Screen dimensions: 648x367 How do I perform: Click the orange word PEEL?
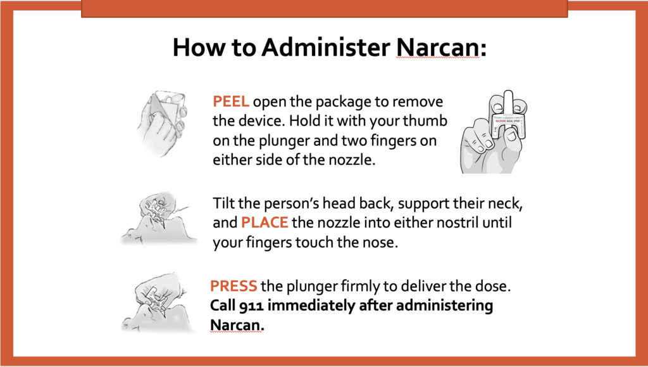click(230, 101)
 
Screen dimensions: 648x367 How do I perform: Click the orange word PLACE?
click(265, 222)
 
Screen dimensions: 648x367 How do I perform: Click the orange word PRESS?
click(234, 286)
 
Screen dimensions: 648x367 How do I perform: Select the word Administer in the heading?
click(326, 47)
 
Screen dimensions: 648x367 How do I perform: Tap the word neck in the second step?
click(506, 203)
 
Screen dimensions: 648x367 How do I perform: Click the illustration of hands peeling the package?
click(162, 124)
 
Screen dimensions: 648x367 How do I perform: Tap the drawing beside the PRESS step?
click(158, 302)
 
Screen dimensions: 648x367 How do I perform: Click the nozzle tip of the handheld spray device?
click(508, 93)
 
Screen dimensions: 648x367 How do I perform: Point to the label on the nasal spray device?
click(508, 121)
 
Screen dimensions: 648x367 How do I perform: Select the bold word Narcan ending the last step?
click(237, 325)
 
